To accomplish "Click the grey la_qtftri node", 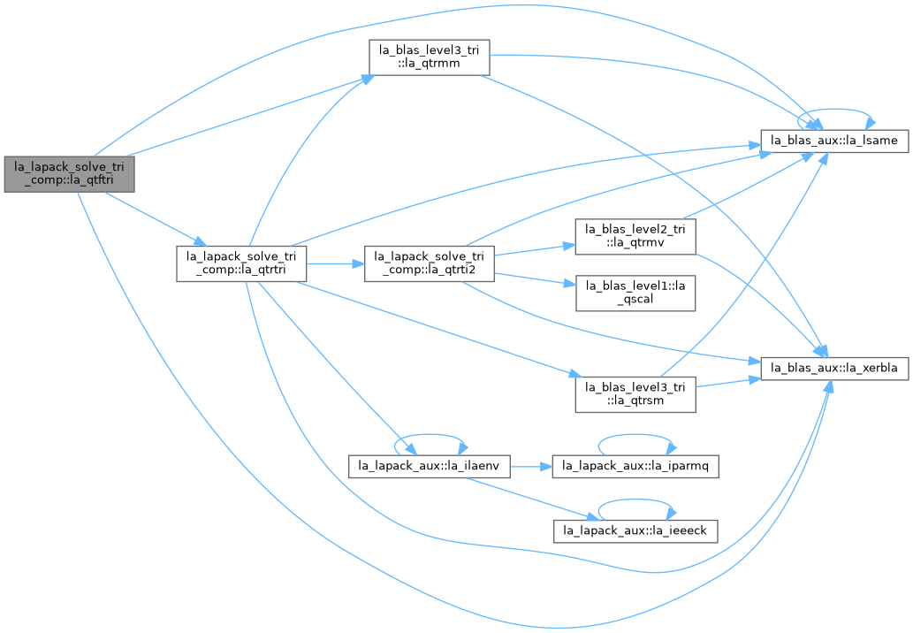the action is [69, 174].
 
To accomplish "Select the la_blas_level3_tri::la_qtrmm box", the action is [430, 57].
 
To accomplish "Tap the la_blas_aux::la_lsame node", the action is [834, 141].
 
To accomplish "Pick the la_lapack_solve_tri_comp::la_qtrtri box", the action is [241, 263].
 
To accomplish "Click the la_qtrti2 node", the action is [430, 263].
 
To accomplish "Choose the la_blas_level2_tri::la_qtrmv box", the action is [635, 236].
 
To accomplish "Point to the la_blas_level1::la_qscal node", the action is [635, 293].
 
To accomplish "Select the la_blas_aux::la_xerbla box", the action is [834, 368].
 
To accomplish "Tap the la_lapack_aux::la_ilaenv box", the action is [430, 467].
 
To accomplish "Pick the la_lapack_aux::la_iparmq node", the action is [635, 467].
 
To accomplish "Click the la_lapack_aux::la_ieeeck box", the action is [635, 531].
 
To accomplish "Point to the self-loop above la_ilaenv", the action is [430, 434].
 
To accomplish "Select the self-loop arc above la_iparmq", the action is [635, 434].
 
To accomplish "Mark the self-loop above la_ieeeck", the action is [635, 500].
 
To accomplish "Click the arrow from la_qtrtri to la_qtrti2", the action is [335, 263].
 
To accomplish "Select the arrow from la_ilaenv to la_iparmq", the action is [531, 467].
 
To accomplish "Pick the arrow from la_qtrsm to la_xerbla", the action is [728, 382].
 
